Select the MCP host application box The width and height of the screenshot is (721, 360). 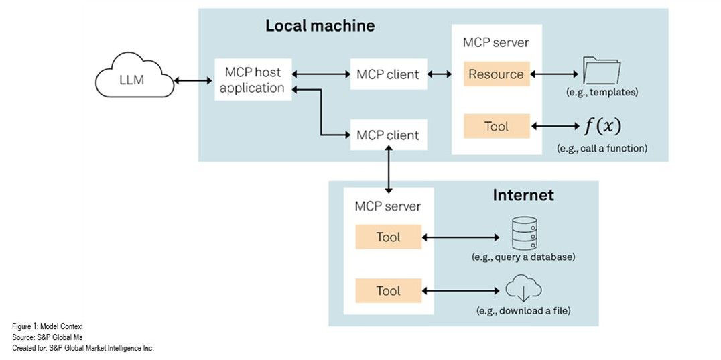[x=253, y=80]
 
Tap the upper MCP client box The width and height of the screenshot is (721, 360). [x=388, y=74]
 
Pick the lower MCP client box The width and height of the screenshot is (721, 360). [x=388, y=135]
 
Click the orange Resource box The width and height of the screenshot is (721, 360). [x=496, y=74]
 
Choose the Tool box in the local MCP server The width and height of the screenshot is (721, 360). [x=496, y=126]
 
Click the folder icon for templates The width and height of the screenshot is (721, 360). [x=601, y=70]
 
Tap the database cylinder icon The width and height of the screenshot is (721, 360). [x=523, y=232]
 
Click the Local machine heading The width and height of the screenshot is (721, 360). [x=320, y=26]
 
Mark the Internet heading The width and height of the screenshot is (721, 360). [x=523, y=195]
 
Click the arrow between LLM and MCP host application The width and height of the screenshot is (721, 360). [x=193, y=81]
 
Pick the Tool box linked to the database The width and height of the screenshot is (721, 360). [x=388, y=237]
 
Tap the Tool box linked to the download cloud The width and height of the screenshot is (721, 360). [x=388, y=290]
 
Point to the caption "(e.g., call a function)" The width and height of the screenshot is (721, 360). [x=602, y=148]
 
